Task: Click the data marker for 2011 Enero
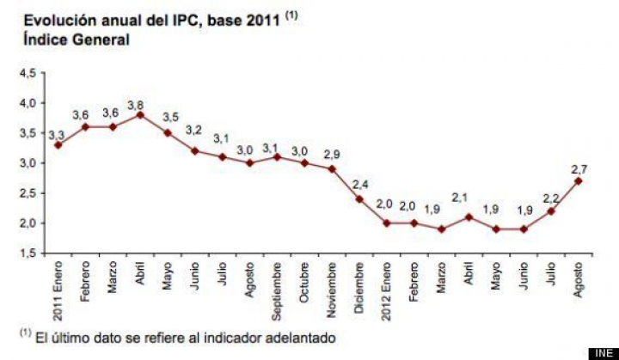click(58, 144)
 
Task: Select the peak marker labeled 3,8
click(139, 114)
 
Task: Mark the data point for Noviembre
click(331, 168)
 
